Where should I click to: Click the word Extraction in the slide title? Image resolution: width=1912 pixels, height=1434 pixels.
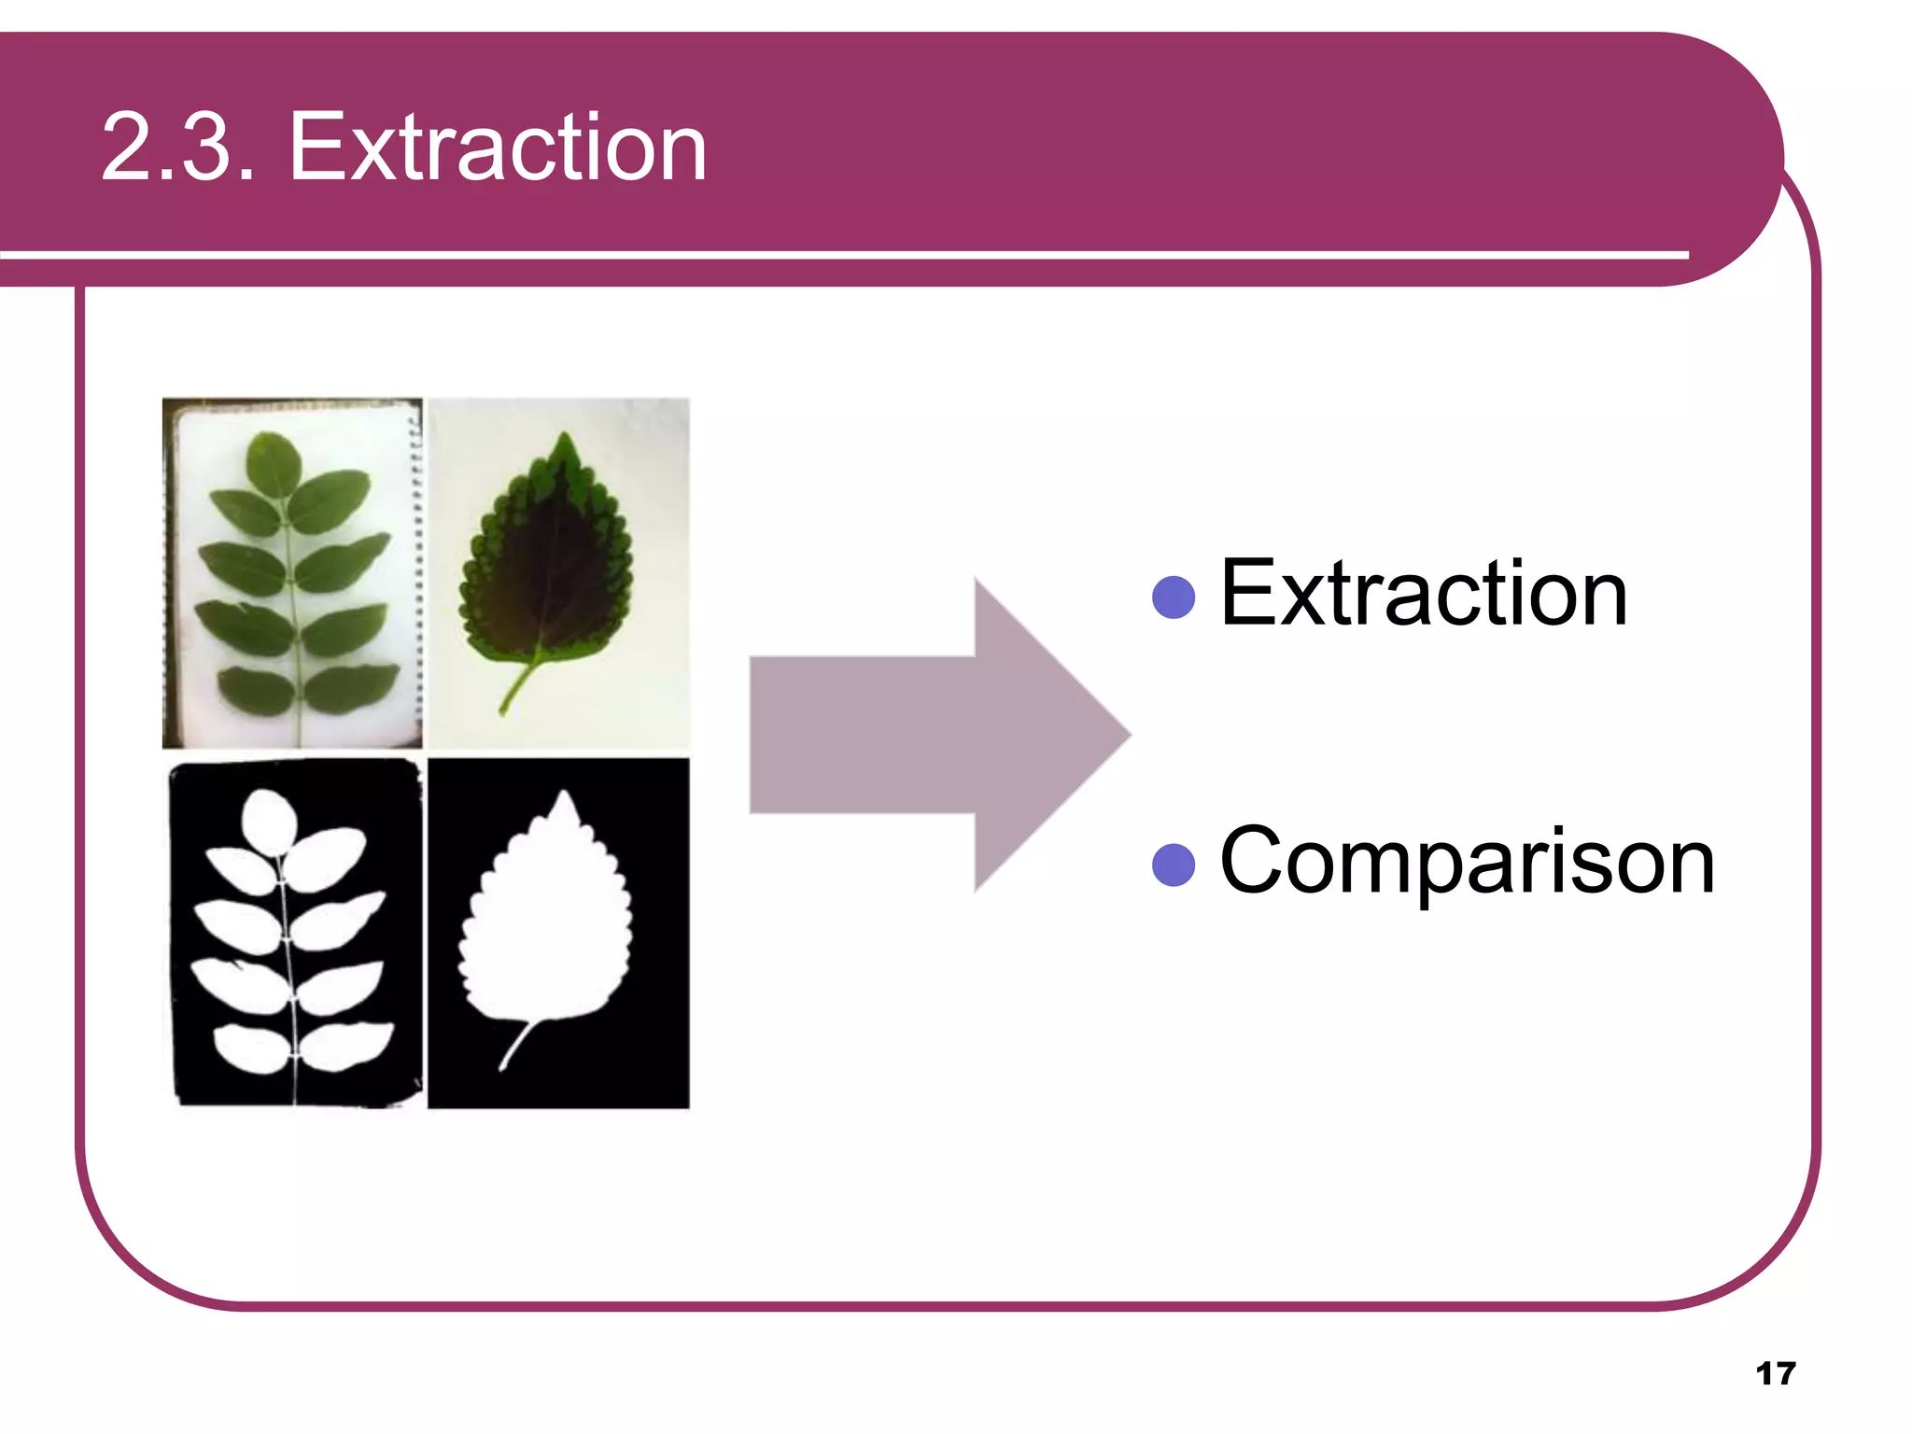498,148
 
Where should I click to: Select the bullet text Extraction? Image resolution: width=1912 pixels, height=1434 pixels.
1424,594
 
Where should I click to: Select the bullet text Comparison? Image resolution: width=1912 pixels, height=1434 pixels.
1467,862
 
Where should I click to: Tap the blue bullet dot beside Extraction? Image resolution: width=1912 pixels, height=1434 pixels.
1174,597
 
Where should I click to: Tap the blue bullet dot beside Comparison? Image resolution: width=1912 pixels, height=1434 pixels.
1174,865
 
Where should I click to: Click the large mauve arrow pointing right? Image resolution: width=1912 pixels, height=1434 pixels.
915,735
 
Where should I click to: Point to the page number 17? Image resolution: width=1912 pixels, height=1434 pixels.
1775,1373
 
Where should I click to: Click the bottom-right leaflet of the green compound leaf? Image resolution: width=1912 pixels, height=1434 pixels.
352,689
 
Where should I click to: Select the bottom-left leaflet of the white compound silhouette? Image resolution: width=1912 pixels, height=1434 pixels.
249,1048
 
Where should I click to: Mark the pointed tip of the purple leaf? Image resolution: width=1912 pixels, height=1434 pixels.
563,437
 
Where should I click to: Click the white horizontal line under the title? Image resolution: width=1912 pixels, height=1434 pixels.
840,254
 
